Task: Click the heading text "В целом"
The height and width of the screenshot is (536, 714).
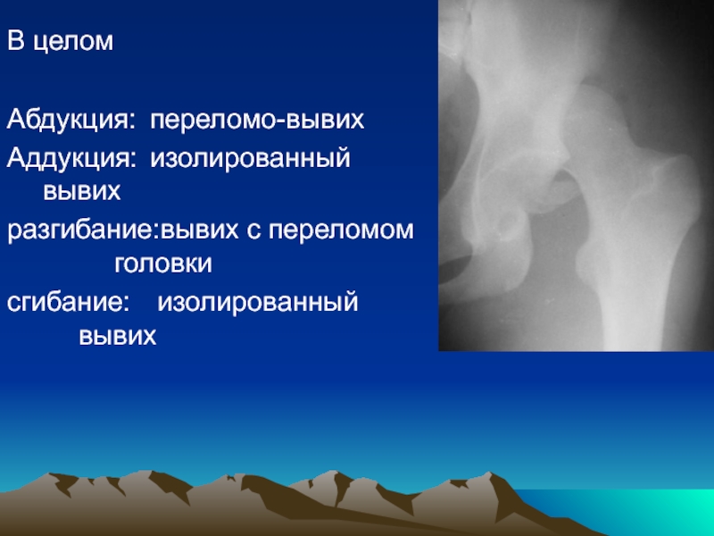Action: pos(60,41)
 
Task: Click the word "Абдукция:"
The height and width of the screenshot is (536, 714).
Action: pos(71,121)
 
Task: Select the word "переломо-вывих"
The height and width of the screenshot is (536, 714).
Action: pos(257,121)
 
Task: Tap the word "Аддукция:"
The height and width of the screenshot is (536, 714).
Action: pos(71,159)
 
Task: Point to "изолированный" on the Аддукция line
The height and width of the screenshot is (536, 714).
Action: pos(251,159)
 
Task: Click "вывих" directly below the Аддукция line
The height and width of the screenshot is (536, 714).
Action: pos(82,192)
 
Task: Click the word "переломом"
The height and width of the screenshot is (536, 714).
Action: pos(341,230)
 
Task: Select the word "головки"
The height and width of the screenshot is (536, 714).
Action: pos(163,264)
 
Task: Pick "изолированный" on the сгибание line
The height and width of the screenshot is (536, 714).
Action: pos(258,302)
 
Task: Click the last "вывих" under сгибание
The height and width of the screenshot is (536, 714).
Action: pos(118,337)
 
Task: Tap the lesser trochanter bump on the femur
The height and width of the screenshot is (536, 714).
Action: pos(585,266)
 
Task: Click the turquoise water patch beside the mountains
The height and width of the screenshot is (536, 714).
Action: pos(628,510)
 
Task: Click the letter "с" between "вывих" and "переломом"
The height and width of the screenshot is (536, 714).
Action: pos(253,231)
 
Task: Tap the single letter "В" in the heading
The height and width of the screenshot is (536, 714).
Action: pos(15,41)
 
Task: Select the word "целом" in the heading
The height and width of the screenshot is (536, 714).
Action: pos(74,42)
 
